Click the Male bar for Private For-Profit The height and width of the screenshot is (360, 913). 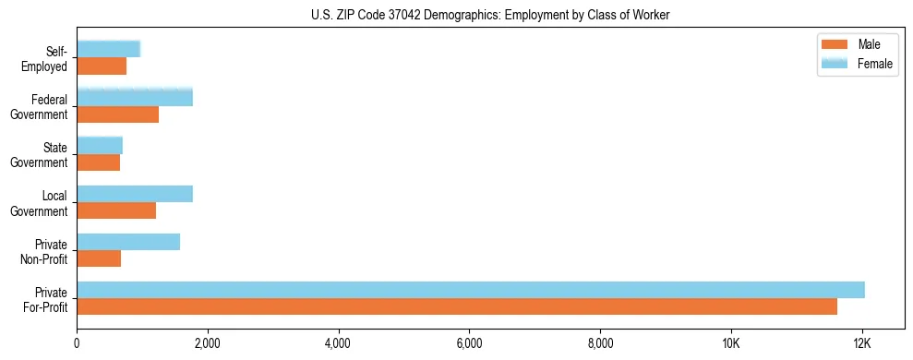tap(457, 306)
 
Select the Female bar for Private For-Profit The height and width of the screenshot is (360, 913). tap(471, 290)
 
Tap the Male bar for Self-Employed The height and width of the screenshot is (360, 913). tap(102, 66)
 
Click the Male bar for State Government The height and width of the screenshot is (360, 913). tap(99, 162)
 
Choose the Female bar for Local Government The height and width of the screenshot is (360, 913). tap(135, 194)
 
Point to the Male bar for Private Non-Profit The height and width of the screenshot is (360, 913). tap(99, 258)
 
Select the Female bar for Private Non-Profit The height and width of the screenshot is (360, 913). tap(128, 242)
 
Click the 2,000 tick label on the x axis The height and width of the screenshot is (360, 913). tap(208, 343)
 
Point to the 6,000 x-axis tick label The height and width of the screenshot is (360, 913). tap(469, 343)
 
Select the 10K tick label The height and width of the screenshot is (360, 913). tap(731, 343)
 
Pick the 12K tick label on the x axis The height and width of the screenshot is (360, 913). tap(862, 343)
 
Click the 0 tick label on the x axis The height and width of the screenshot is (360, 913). tap(77, 343)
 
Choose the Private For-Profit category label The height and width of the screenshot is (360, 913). tap(46, 298)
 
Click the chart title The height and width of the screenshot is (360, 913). tap(490, 15)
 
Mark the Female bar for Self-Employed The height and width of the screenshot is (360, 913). tap(108, 49)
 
